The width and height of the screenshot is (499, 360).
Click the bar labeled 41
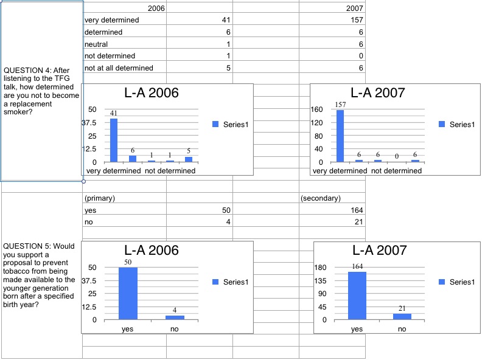113,140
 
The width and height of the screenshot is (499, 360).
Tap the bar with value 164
357,295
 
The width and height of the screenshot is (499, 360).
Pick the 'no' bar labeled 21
402,316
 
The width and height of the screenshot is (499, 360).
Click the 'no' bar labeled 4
175,317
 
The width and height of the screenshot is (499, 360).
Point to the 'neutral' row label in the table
96,44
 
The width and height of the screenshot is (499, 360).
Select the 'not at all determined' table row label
119,68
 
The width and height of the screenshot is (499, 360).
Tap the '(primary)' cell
100,198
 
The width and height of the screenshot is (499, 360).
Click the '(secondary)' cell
320,198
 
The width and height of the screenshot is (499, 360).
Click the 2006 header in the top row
156,9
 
